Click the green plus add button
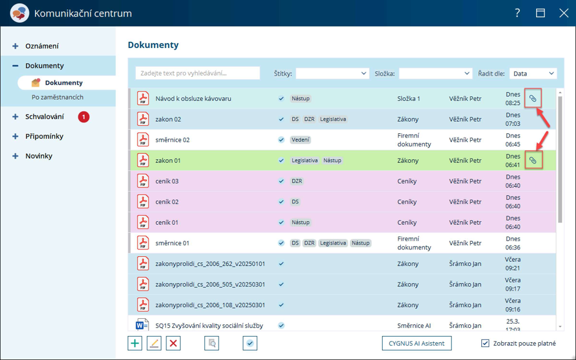tap(135, 343)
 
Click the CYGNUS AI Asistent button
tap(416, 343)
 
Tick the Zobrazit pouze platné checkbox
tap(485, 343)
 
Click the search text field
tap(198, 73)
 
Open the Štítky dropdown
tap(332, 74)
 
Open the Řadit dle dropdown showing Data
tap(533, 74)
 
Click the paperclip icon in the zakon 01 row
tap(532, 160)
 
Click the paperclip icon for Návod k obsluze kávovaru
tap(532, 98)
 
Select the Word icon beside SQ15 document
tap(142, 325)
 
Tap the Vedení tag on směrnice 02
tap(300, 139)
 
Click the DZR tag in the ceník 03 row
tap(297, 181)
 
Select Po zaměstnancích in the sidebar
tap(57, 97)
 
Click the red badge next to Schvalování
tap(84, 117)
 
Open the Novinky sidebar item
tap(39, 156)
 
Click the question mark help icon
tap(518, 14)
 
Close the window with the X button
tap(564, 14)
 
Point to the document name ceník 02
tap(167, 202)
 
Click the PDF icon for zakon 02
tap(143, 119)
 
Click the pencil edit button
tap(154, 343)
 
